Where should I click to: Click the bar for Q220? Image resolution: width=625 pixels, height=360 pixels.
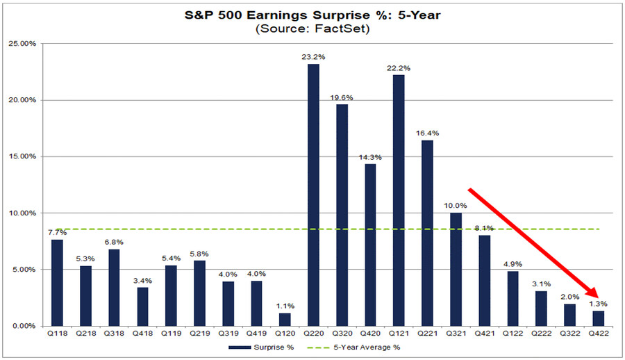pos(314,195)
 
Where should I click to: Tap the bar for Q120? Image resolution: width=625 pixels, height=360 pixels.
pos(285,319)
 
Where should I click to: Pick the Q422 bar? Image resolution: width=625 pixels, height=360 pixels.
pos(599,318)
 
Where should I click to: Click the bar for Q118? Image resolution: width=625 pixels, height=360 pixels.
pos(58,282)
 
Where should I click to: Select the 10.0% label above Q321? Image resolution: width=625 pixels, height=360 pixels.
pos(456,206)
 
